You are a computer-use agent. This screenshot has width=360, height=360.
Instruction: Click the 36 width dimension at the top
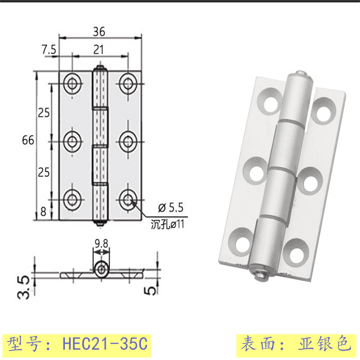pyautogui.click(x=99, y=31)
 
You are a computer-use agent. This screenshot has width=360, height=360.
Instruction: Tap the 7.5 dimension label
pyautogui.click(x=49, y=49)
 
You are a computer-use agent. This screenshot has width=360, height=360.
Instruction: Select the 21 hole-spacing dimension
pyautogui.click(x=99, y=49)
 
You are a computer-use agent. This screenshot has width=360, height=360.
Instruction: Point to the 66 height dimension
pyautogui.click(x=28, y=140)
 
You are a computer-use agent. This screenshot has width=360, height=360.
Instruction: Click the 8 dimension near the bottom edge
pyautogui.click(x=43, y=211)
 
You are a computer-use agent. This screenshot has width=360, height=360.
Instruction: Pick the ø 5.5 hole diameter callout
pyautogui.click(x=171, y=207)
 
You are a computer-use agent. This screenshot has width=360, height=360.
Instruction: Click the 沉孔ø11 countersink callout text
pyautogui.click(x=167, y=224)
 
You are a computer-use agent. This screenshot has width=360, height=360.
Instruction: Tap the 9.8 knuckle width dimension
pyautogui.click(x=101, y=243)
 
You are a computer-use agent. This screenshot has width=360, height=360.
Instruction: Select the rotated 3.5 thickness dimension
pyautogui.click(x=24, y=288)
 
